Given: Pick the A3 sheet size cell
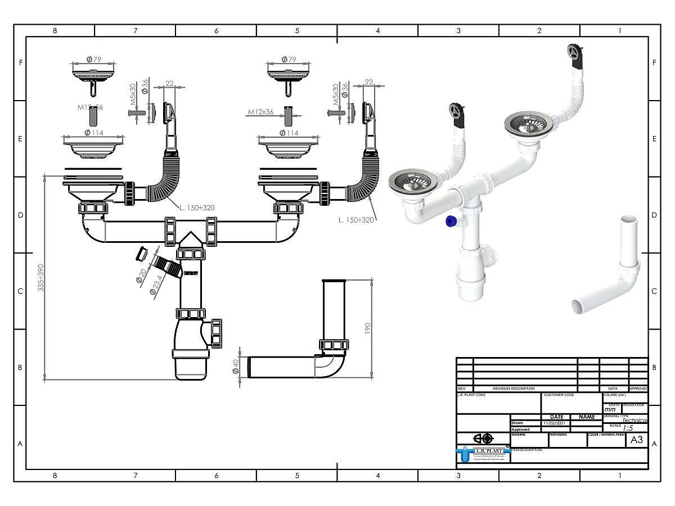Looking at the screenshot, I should coord(636,440).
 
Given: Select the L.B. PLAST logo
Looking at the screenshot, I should coord(483,452).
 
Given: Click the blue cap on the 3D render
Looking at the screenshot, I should coord(449,222).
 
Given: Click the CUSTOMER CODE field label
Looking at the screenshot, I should coord(559,395).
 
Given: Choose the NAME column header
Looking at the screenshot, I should coord(586,417).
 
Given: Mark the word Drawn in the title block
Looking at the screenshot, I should coord(517,423).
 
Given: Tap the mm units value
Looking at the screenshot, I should coord(610,410).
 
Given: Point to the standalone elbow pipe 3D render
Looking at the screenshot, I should coord(610,270).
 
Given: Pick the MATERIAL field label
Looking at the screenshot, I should coord(519,435).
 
